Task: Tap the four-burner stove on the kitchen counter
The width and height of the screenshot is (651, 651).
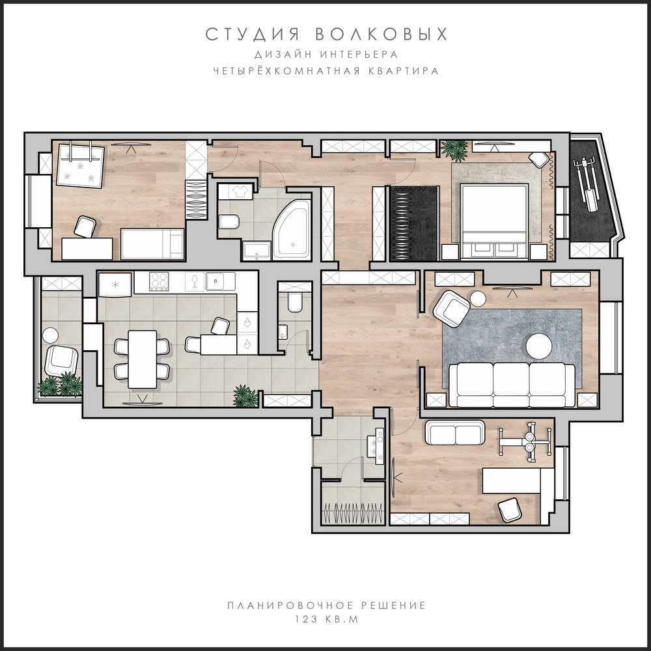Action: click(x=159, y=281)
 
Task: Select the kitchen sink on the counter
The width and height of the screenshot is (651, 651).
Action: click(x=221, y=281)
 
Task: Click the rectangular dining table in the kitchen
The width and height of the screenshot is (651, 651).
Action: click(x=143, y=359)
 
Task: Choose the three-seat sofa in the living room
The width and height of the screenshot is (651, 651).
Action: click(x=512, y=385)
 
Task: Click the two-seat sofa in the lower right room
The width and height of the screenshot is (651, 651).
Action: click(x=455, y=433)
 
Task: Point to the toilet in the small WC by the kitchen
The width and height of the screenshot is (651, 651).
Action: click(x=295, y=301)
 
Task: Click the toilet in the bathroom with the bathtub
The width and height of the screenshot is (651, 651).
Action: click(x=228, y=222)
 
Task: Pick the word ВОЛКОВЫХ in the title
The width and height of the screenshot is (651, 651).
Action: click(x=381, y=35)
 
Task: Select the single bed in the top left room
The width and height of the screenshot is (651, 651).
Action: click(x=152, y=244)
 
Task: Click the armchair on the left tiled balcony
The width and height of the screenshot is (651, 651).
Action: click(x=61, y=361)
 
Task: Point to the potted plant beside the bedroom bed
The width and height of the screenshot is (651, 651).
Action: click(x=454, y=150)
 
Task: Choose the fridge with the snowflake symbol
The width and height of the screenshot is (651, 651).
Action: click(x=115, y=284)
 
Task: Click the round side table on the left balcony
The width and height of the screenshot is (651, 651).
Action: click(x=51, y=335)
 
